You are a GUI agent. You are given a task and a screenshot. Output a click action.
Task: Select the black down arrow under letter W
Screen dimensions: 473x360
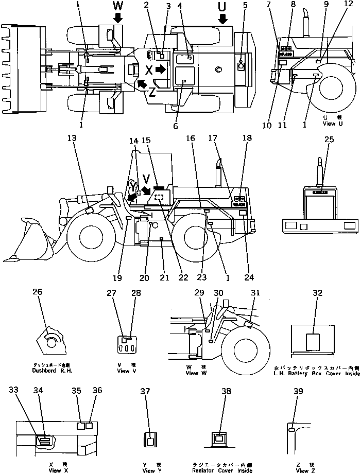pyautogui.click(x=118, y=18)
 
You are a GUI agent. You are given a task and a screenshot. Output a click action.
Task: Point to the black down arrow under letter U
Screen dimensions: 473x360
pyautogui.click(x=222, y=19)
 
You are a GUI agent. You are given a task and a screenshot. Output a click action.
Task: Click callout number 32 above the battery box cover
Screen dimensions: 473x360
pyautogui.click(x=318, y=293)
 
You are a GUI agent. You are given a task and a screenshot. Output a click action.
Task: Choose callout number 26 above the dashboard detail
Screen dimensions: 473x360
pyautogui.click(x=38, y=292)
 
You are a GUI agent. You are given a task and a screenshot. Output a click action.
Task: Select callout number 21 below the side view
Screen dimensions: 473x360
pyautogui.click(x=165, y=278)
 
